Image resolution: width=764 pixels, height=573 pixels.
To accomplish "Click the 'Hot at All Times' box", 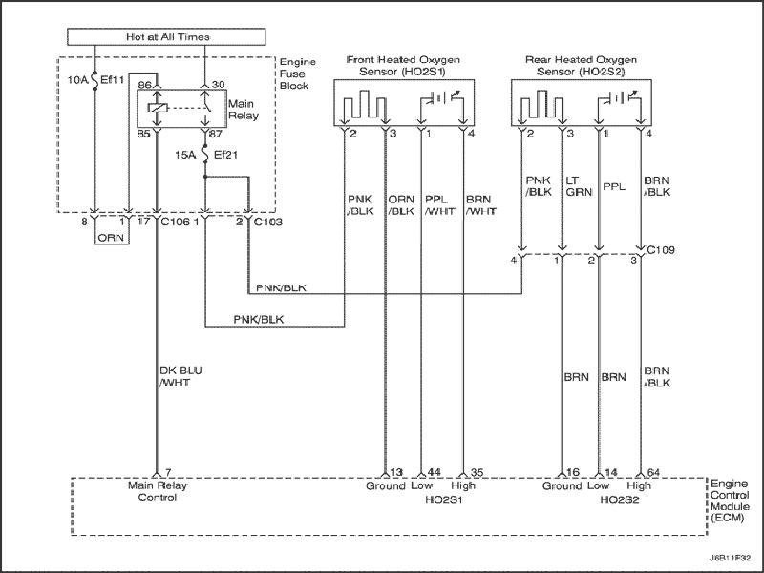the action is click(x=166, y=36).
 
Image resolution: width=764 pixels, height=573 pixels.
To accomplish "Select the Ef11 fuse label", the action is click(x=113, y=80).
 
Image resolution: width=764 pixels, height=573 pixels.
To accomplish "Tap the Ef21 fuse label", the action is click(x=226, y=155).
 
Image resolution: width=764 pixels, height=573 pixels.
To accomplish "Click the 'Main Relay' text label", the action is click(x=244, y=110).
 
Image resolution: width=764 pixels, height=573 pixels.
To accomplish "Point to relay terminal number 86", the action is click(x=144, y=85).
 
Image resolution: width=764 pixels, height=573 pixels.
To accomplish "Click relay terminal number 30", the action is click(x=219, y=85).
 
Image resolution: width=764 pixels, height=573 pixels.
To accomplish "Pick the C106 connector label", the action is click(x=175, y=223).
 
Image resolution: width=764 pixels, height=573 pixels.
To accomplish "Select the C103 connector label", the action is click(x=268, y=223).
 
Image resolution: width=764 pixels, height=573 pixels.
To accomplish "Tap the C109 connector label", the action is click(x=661, y=250).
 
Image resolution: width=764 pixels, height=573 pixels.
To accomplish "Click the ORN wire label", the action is click(x=111, y=238).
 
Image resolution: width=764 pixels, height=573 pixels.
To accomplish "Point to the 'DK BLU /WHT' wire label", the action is click(x=180, y=376).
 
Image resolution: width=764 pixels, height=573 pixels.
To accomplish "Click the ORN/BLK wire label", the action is click(x=401, y=205).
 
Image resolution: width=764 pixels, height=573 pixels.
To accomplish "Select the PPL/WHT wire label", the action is click(x=440, y=205).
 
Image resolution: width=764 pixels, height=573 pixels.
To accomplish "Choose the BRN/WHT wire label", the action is click(x=481, y=205).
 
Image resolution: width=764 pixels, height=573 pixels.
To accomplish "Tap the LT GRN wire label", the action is click(x=579, y=186).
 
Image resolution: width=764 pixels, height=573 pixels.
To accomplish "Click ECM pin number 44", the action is click(x=434, y=472).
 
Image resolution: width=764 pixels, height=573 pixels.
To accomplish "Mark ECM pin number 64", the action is click(x=653, y=472).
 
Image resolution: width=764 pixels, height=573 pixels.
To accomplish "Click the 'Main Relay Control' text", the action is click(x=158, y=492).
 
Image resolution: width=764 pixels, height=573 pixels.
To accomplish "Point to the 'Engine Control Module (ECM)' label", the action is click(x=730, y=500).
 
